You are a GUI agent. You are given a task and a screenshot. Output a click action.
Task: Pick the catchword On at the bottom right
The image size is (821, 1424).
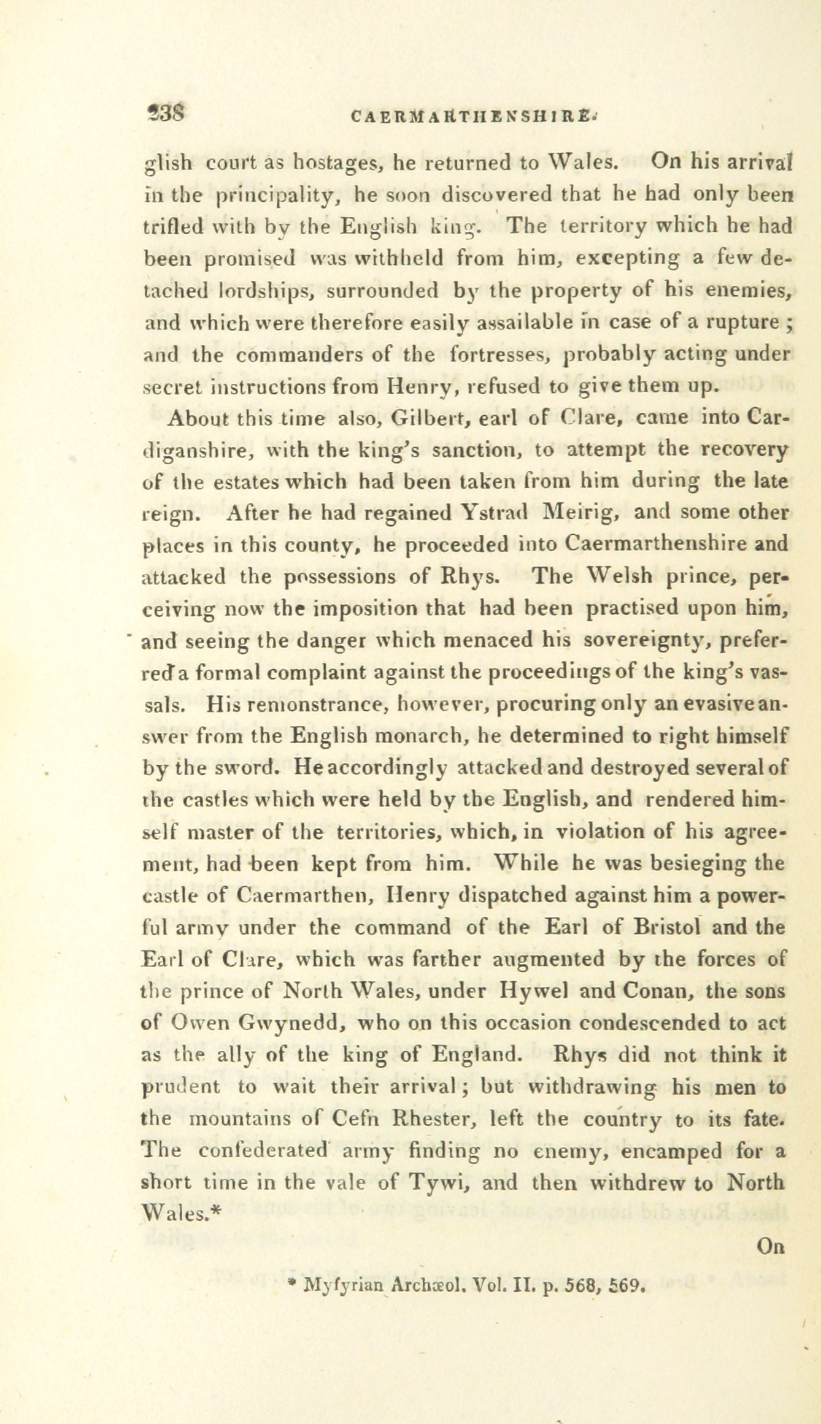pyautogui.click(x=771, y=1246)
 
